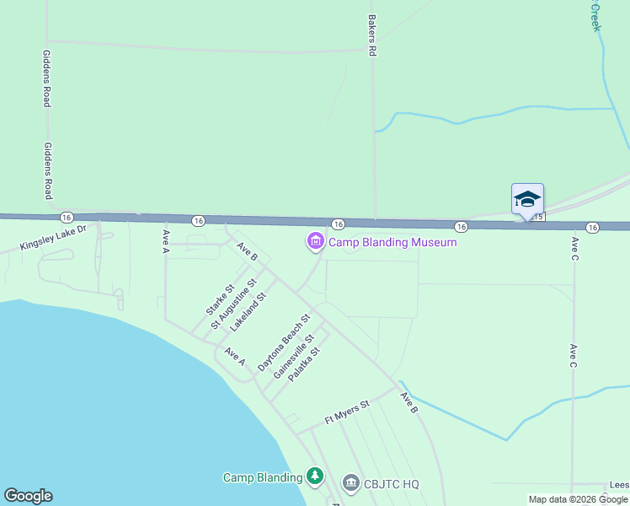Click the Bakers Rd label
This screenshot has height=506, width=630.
(x=371, y=35)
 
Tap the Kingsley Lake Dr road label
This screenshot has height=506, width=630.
(x=54, y=240)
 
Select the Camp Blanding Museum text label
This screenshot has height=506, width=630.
(x=392, y=243)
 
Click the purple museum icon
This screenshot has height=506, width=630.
(x=316, y=243)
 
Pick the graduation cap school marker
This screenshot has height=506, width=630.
(x=527, y=199)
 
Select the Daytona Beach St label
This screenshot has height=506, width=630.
(x=284, y=343)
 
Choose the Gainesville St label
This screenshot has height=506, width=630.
(x=293, y=357)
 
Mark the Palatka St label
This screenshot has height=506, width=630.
(x=304, y=364)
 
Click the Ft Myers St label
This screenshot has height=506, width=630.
(x=347, y=412)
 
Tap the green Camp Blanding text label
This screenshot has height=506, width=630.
(x=262, y=477)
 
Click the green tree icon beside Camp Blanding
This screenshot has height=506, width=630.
(x=315, y=477)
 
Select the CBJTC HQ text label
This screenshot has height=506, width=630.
(x=392, y=484)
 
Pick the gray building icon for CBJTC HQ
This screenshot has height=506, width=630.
(x=351, y=483)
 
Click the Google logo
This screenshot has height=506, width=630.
(x=29, y=496)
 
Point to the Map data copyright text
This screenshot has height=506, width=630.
(x=578, y=499)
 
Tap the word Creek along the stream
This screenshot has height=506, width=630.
(x=595, y=17)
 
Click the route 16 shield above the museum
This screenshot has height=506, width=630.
(x=337, y=224)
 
